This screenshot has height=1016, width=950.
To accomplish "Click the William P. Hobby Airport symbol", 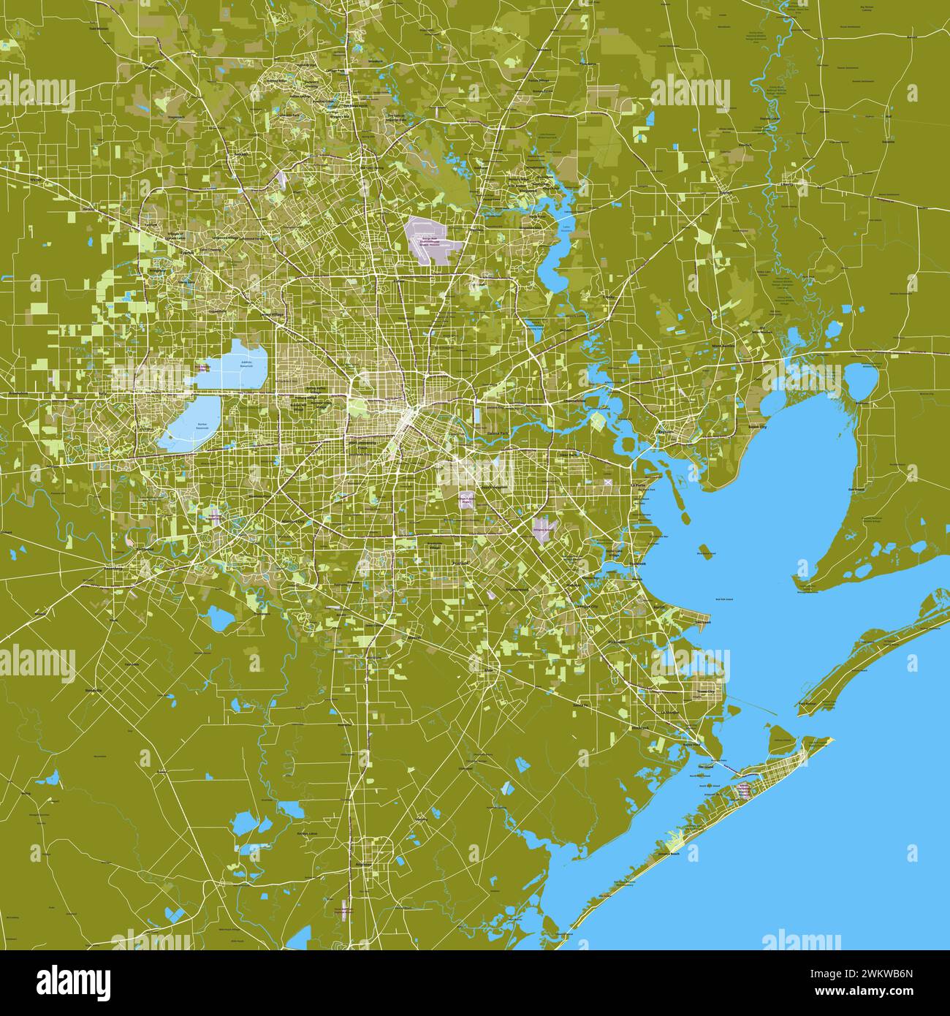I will [465, 501].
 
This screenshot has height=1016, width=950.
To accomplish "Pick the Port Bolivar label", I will [807, 703].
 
